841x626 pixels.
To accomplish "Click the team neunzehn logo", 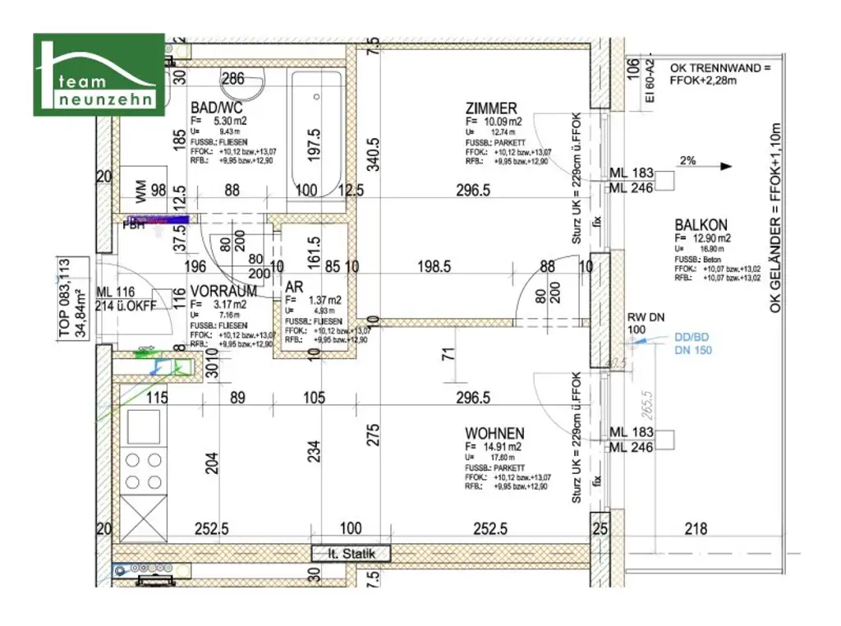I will click(x=99, y=75).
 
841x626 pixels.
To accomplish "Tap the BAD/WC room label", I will click(x=215, y=108).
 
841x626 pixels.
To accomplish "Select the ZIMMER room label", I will click(x=491, y=108).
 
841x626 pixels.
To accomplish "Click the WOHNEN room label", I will click(x=494, y=433).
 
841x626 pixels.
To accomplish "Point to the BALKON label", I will click(x=701, y=224).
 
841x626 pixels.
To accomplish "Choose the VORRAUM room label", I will click(x=223, y=291).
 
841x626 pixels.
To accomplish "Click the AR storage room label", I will click(x=293, y=287).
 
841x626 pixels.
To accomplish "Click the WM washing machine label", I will click(x=140, y=194).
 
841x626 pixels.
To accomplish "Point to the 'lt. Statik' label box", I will click(x=351, y=554).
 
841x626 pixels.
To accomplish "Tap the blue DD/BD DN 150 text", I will click(x=692, y=343).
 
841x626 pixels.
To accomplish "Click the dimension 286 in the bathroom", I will click(x=234, y=80).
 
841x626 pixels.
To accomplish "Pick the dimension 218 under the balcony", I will click(x=696, y=529).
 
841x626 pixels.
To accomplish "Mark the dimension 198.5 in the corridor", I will click(x=434, y=266).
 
